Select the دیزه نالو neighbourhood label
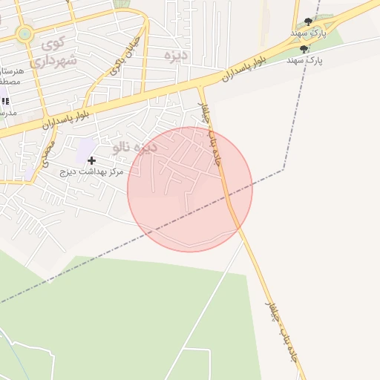134,147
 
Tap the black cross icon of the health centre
91,160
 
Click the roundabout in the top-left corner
24,33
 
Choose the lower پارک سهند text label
304,60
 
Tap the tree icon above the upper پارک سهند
309,22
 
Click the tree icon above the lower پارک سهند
304,49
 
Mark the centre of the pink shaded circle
190,189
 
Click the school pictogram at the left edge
4,100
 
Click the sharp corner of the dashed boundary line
283,169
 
